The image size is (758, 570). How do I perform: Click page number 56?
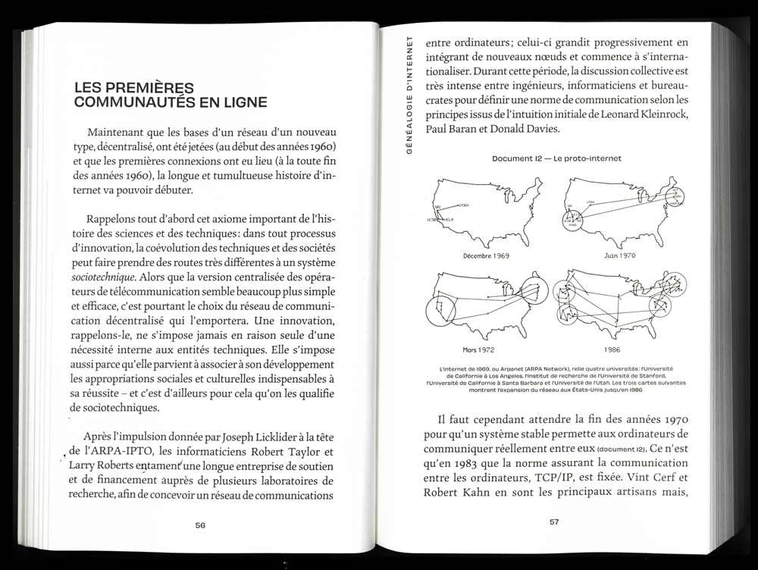coord(200,525)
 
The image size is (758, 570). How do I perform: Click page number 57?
coord(554,521)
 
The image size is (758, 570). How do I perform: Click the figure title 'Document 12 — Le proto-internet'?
coord(545,158)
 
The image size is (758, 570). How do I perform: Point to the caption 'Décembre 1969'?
coord(485,255)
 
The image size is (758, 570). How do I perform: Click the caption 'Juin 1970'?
coord(619,255)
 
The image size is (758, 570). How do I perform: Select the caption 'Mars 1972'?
coord(479,350)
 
